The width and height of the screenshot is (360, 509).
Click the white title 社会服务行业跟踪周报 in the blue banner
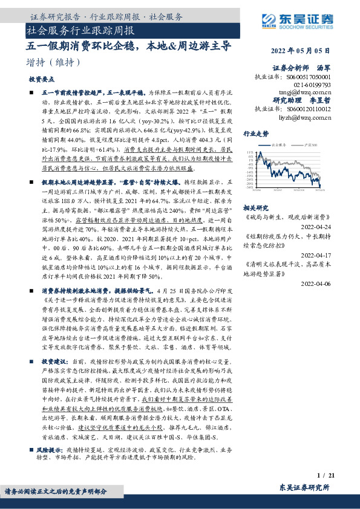coord(81,30)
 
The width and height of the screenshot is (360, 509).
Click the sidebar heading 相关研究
coord(255,206)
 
